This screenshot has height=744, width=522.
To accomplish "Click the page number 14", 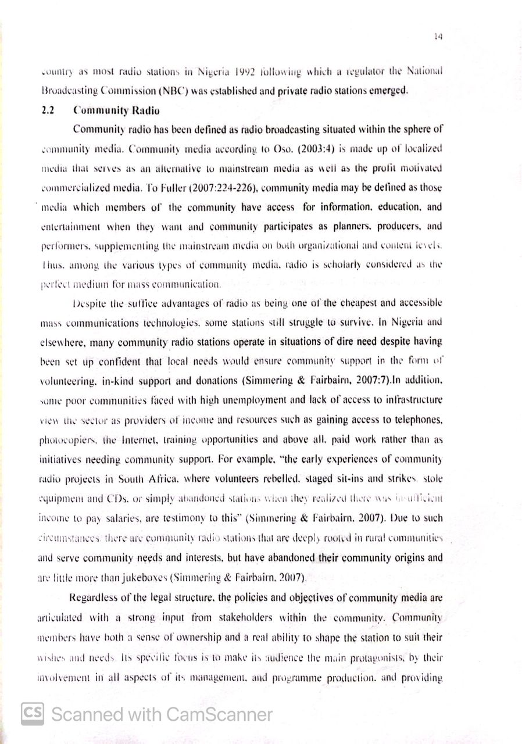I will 438,37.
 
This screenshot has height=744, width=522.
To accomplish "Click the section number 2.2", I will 48,110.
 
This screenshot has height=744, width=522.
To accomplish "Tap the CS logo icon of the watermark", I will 33,713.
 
